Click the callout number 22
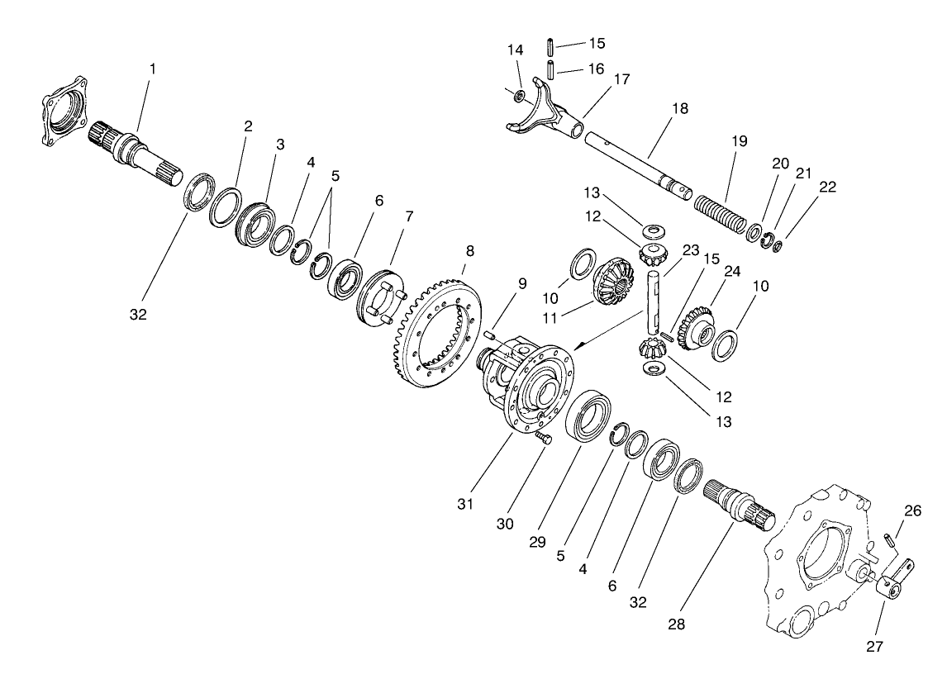click(x=828, y=187)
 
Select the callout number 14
click(x=516, y=50)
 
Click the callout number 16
click(x=595, y=68)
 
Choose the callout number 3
click(x=280, y=144)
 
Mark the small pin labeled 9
click(x=489, y=334)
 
